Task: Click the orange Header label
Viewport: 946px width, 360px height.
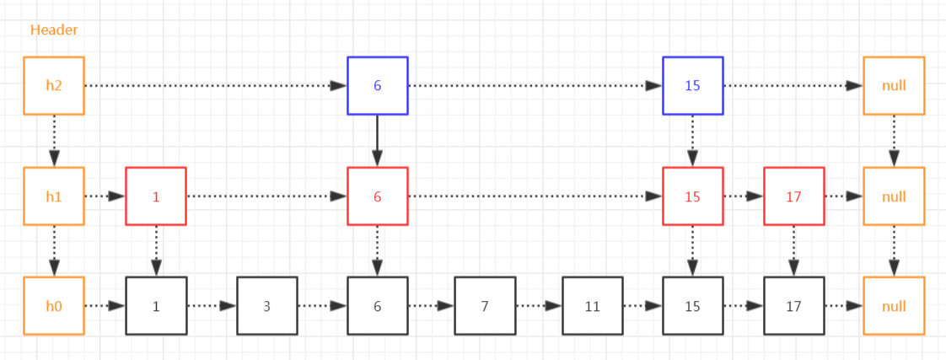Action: coord(54,30)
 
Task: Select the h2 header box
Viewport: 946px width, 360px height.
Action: coord(54,86)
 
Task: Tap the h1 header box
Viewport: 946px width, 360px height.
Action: coord(54,196)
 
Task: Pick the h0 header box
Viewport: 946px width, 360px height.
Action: coord(54,306)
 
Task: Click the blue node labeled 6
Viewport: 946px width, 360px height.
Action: coord(378,86)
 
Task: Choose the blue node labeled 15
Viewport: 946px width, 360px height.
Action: coord(693,86)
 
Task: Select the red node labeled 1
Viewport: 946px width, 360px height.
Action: coord(156,196)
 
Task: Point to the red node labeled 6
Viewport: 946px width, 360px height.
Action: coord(378,196)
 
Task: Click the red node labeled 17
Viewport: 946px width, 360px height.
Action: coord(794,196)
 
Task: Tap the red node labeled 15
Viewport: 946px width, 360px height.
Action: coord(693,196)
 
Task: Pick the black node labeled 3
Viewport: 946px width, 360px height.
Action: coord(266,306)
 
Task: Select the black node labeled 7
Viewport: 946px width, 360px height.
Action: coord(485,306)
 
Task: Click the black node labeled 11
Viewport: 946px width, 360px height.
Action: coord(593,306)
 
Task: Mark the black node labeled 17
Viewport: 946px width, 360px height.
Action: coord(794,306)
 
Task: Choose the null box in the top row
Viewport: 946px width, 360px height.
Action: coord(894,86)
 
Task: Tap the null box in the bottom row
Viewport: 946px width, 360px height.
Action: coord(894,306)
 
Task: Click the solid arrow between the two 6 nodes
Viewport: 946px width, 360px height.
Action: coord(378,141)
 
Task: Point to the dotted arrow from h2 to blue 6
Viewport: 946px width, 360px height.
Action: coord(216,86)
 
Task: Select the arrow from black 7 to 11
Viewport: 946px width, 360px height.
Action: coord(539,306)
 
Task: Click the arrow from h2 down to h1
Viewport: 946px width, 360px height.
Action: coord(54,141)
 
